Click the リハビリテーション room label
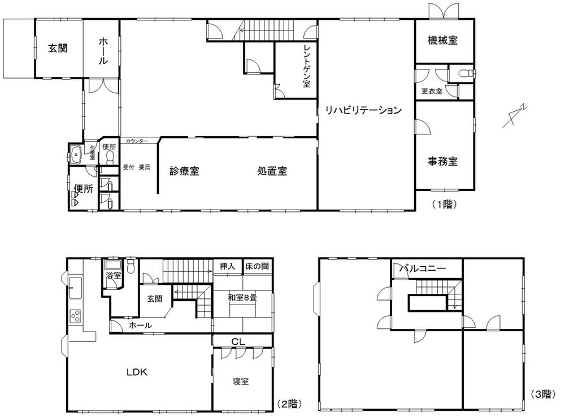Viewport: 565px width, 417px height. click(362, 110)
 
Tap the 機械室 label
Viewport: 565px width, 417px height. click(442, 40)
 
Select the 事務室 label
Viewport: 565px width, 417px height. click(442, 161)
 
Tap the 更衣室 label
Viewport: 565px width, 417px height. click(432, 91)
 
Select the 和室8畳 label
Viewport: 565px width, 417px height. click(241, 297)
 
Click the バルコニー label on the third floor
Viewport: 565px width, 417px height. click(423, 268)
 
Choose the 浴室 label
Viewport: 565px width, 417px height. click(114, 276)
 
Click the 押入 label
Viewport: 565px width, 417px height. click(228, 266)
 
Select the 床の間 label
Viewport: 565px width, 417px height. click(257, 266)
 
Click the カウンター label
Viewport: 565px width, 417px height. click(137, 140)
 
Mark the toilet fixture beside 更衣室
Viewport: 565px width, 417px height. click(464, 73)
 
